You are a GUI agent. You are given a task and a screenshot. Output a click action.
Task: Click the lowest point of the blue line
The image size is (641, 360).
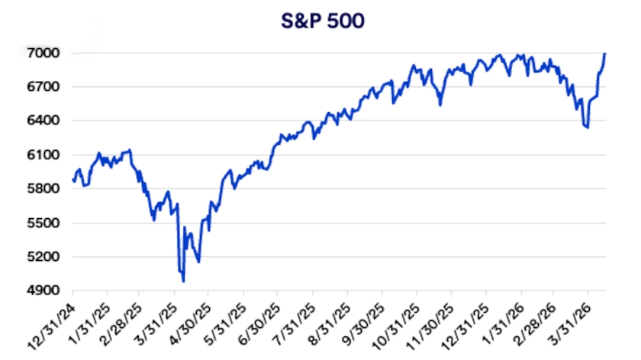pyautogui.click(x=183, y=281)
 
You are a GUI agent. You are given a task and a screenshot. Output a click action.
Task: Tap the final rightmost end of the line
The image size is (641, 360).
pyautogui.click(x=605, y=53)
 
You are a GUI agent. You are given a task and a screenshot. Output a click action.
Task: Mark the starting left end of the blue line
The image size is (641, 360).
pyautogui.click(x=72, y=180)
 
